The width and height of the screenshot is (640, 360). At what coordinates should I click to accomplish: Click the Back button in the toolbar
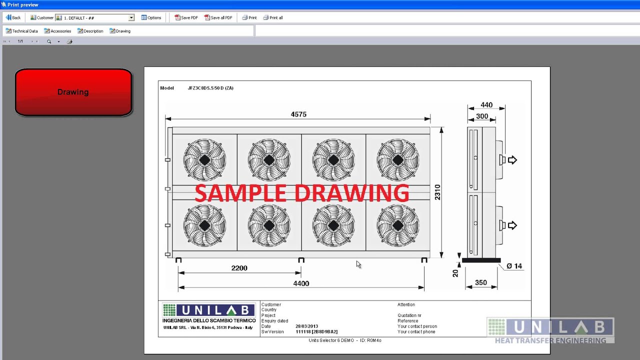[x=13, y=17]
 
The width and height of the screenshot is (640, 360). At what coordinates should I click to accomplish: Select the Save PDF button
[x=186, y=17]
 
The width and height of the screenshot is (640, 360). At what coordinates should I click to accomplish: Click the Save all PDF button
[x=218, y=17]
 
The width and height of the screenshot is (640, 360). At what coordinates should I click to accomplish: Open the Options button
[x=151, y=17]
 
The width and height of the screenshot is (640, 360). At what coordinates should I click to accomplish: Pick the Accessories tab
[x=57, y=31]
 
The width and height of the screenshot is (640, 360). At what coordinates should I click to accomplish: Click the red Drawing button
[x=73, y=92]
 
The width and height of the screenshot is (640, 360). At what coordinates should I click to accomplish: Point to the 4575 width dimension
[x=298, y=114]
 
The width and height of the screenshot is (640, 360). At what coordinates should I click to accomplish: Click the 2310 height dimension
[x=437, y=192]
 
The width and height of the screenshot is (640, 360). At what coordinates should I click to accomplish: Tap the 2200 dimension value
[x=239, y=268]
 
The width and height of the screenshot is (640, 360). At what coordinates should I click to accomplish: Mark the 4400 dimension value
[x=301, y=283]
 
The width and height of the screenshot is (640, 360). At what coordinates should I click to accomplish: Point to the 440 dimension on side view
[x=486, y=105]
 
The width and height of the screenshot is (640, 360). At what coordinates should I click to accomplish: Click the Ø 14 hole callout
[x=514, y=266]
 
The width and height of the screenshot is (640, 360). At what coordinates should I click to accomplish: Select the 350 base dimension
[x=481, y=282]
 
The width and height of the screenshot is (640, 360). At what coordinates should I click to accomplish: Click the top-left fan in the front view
[x=204, y=160]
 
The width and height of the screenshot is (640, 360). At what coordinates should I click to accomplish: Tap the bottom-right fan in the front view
[x=398, y=225]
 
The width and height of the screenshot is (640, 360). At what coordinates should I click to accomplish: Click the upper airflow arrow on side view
[x=512, y=160]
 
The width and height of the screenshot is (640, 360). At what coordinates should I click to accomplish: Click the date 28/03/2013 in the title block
[x=306, y=326]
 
